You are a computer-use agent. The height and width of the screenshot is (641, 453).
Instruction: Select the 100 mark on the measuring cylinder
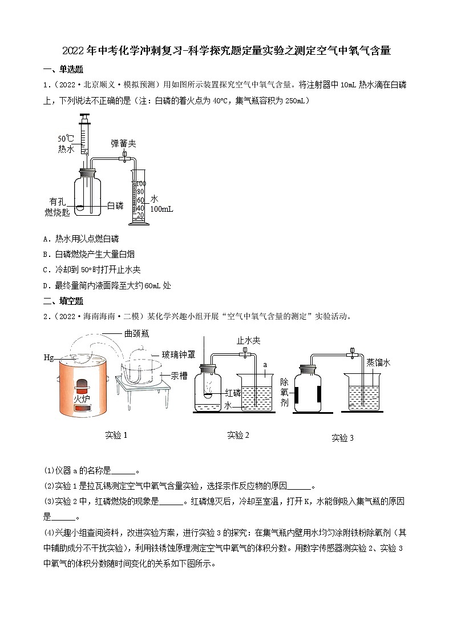click(x=141, y=183)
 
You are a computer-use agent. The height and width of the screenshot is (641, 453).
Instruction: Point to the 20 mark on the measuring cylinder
click(x=140, y=215)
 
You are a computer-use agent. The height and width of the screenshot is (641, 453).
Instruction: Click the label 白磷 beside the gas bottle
click(x=115, y=205)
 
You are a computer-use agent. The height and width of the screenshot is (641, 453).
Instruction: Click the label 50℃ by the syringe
click(x=66, y=139)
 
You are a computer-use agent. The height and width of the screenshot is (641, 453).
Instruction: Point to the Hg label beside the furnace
click(x=48, y=357)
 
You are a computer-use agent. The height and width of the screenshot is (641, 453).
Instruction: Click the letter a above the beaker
click(x=265, y=363)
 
